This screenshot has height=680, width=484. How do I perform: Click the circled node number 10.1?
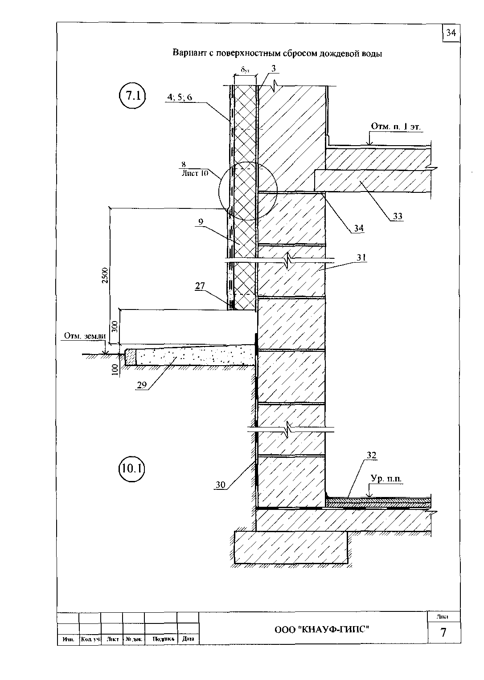[x=132, y=468]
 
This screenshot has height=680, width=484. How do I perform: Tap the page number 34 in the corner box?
[x=451, y=33]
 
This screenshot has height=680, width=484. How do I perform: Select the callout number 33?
[x=398, y=216]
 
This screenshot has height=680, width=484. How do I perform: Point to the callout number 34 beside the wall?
[x=359, y=228]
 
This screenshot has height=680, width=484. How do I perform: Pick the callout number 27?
[x=199, y=286]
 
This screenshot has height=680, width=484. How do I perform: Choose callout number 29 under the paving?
[x=142, y=385]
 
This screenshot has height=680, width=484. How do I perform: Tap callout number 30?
[x=220, y=485]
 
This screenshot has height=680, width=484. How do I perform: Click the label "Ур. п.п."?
[x=386, y=479]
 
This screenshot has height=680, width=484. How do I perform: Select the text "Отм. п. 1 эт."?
[x=396, y=127]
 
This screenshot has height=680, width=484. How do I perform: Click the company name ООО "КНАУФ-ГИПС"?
[x=322, y=629]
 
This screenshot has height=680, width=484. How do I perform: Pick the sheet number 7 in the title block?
[x=443, y=633]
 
